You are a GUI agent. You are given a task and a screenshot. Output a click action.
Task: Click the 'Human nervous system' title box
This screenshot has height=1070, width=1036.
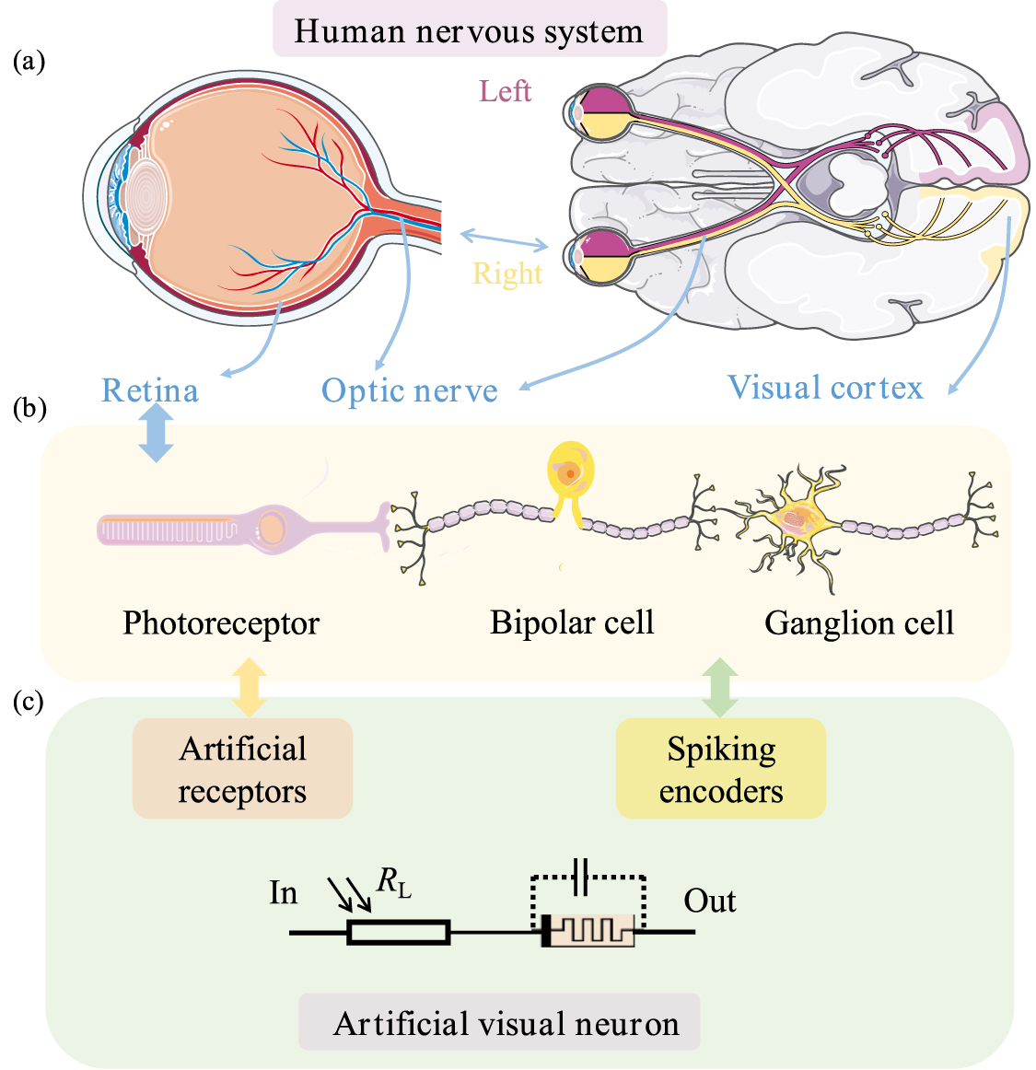pos(469,30)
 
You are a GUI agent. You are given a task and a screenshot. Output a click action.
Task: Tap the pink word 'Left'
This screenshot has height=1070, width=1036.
pos(505,91)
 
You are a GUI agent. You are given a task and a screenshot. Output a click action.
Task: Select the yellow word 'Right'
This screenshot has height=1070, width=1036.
pos(507,273)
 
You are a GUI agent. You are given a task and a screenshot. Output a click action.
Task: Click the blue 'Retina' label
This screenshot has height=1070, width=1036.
pos(150,390)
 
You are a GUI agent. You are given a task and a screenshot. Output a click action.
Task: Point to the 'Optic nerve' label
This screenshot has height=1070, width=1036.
pos(410,391)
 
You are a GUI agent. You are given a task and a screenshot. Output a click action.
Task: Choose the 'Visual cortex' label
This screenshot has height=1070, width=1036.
pos(825,388)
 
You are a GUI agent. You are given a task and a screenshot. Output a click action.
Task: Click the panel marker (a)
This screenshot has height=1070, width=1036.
pos(29,62)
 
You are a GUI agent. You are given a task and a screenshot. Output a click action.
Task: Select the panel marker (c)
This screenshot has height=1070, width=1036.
pos(29,702)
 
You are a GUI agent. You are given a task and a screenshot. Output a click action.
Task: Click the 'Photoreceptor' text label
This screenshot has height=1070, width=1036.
pos(221,623)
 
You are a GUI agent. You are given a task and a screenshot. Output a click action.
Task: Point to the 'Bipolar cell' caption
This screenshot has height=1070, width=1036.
pos(572,622)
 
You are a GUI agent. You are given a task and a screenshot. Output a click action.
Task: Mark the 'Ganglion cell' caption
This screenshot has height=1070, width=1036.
pos(859,623)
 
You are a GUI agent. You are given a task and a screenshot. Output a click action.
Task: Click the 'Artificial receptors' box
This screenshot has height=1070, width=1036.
pos(242,769)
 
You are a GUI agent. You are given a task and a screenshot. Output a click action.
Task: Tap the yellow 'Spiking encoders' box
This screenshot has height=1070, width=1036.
pos(721,769)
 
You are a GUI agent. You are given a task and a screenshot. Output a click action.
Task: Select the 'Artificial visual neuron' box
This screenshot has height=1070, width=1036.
pos(499,1022)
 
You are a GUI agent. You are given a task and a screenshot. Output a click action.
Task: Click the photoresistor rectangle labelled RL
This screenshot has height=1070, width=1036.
pos(399,933)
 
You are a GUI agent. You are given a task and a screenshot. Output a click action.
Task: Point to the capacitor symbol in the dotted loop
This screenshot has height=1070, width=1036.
pos(580,877)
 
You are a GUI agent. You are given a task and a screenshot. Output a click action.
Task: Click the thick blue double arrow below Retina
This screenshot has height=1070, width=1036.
pos(156,434)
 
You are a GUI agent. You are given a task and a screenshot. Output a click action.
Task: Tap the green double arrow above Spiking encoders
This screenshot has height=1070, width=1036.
pos(720,687)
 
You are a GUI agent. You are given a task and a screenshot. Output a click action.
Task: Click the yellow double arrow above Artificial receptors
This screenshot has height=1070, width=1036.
pos(249,687)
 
